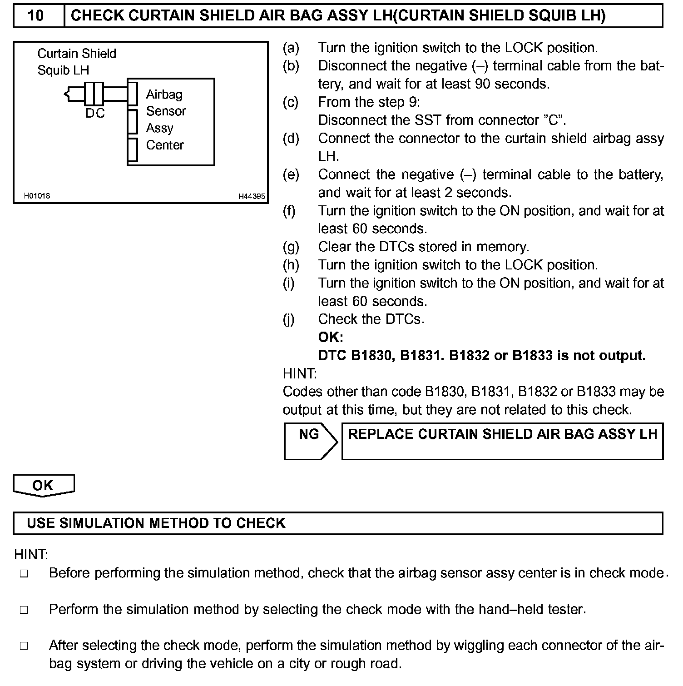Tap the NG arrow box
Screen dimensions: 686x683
tap(310, 441)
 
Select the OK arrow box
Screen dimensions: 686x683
tap(43, 485)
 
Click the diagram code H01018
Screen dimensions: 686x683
tap(37, 196)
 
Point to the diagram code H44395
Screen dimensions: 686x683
tap(252, 196)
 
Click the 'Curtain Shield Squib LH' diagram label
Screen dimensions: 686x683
tap(76, 62)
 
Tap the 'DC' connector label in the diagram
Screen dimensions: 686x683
tap(95, 113)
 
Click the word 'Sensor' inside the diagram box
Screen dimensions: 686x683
tap(166, 111)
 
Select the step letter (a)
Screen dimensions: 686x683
tap(291, 48)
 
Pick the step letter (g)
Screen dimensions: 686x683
tap(291, 247)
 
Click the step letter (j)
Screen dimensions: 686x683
tap(289, 319)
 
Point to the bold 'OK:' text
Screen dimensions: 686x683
tap(331, 337)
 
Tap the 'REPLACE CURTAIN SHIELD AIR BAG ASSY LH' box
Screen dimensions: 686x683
tap(502, 441)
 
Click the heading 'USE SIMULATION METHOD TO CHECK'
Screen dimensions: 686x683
tap(156, 523)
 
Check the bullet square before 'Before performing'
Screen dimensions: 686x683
tap(24, 574)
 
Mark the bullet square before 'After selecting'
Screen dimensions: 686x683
tap(24, 646)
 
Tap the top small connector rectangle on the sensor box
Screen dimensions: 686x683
tap(133, 93)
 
